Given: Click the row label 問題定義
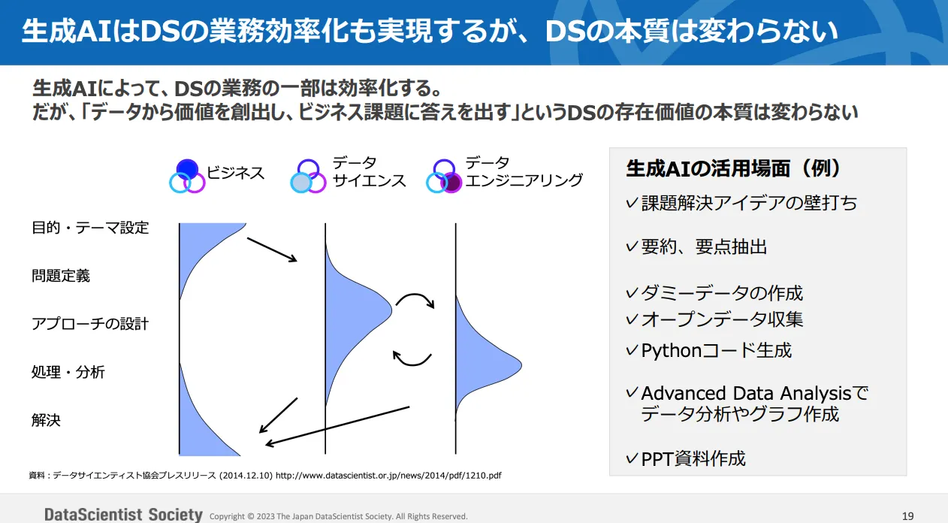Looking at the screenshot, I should [61, 276].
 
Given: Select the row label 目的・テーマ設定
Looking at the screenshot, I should [90, 228].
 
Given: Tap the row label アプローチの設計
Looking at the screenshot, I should [90, 324].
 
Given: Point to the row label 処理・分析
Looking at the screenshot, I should [68, 372].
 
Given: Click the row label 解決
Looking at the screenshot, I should [46, 420].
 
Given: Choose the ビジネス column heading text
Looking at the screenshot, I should [236, 173].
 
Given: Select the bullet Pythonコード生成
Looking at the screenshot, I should [716, 350].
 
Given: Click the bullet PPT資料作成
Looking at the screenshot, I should [693, 458].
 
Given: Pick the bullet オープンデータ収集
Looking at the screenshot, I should [722, 319].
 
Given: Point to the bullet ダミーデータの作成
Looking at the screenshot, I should [722, 293].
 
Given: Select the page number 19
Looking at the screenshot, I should [907, 515].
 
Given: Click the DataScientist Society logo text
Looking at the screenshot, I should [123, 515].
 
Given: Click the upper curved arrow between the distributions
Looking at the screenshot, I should [415, 300].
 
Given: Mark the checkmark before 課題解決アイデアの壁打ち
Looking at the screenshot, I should [631, 203].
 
